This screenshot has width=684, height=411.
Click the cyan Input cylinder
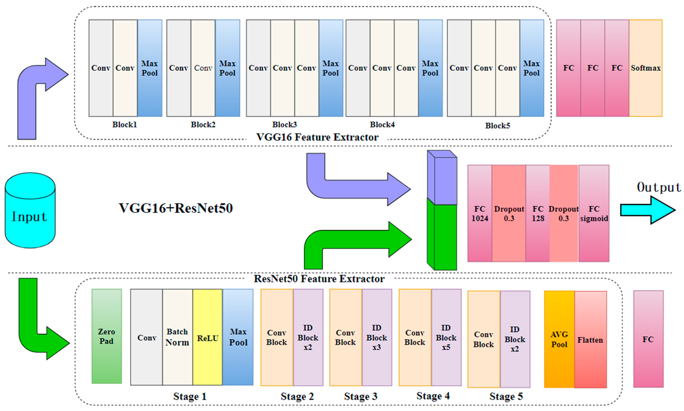point(30,210)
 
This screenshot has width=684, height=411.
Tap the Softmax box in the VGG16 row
point(645,68)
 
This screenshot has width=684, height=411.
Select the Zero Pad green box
point(107,336)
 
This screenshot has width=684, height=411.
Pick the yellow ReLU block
point(207,337)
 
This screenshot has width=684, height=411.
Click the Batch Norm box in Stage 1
point(177,337)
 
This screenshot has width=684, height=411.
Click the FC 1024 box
point(480,213)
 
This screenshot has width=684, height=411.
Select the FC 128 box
point(538,213)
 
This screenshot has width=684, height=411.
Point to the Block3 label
point(284,125)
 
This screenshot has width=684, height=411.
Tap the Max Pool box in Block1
point(150,68)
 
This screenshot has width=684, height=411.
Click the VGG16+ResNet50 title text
point(176,208)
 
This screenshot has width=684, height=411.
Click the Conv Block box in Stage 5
point(484,339)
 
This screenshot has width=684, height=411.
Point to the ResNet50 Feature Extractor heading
point(319,279)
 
